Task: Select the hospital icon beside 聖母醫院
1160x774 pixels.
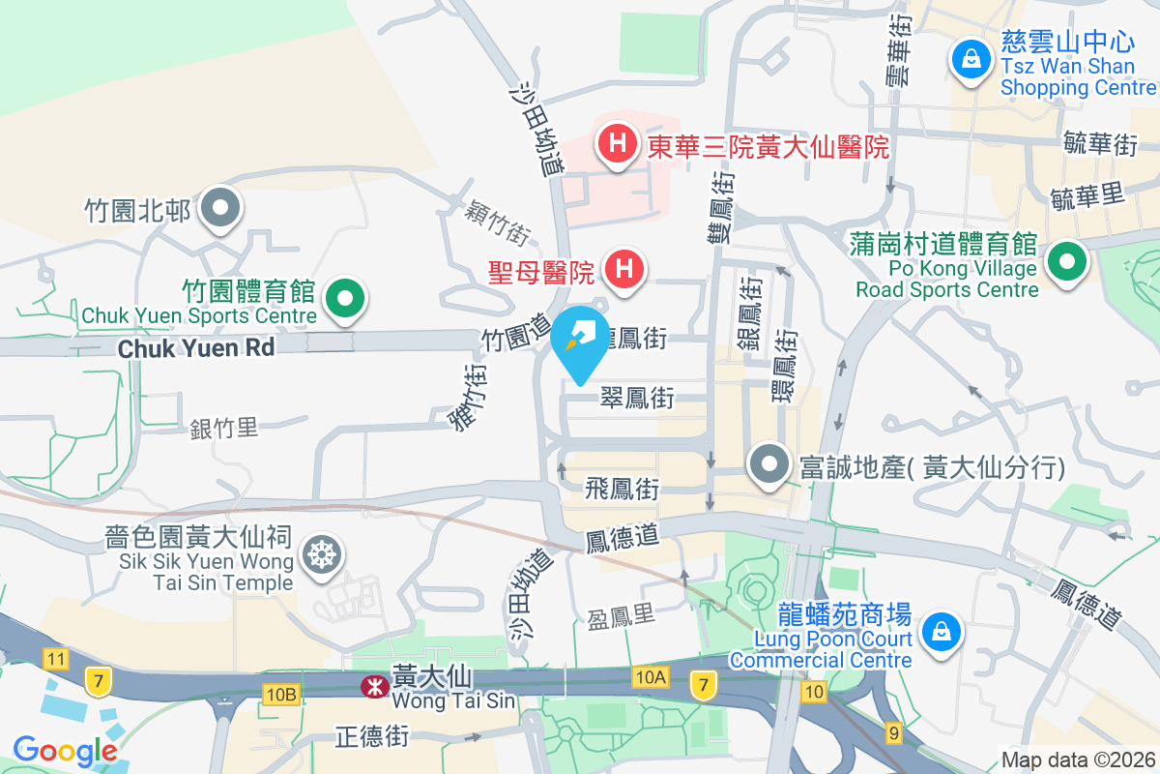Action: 624,268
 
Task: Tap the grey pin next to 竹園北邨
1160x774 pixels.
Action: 222,207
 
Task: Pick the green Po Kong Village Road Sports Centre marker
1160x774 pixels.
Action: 1067,261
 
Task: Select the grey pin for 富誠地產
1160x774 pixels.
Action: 769,465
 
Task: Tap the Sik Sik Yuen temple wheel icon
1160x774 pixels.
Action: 320,554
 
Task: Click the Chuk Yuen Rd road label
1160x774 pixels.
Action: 196,348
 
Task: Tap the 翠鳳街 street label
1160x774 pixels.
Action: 637,398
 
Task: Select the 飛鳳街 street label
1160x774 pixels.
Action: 622,490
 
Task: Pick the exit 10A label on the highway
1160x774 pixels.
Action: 652,677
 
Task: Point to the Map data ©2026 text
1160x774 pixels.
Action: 1078,760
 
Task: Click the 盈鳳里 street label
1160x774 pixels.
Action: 622,618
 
